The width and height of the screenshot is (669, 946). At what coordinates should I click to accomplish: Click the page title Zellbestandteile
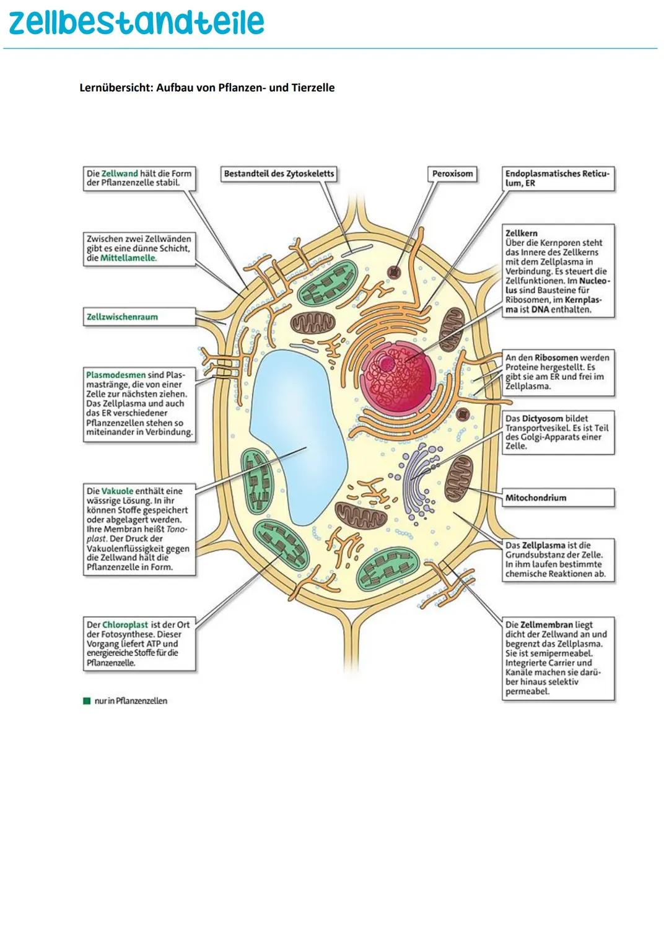coord(136,22)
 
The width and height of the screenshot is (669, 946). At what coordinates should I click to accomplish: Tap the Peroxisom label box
coord(452,174)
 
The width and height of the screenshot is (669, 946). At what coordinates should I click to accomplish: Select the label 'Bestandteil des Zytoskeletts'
coord(279,174)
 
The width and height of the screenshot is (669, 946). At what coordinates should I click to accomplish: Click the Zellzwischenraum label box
coord(139,317)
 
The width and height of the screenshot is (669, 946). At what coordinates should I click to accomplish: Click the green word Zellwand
coord(120,174)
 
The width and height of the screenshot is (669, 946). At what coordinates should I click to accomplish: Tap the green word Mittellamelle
coord(128,258)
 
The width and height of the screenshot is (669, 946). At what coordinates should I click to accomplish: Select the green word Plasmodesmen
coord(116,375)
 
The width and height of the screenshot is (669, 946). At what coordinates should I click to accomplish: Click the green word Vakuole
coord(117,491)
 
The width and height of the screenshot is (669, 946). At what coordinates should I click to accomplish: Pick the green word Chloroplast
coord(125,625)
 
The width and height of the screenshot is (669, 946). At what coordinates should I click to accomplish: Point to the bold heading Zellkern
coord(522,234)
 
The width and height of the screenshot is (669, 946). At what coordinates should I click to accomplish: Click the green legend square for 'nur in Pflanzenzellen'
coord(87,701)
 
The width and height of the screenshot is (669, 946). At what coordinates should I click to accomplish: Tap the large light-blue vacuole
coord(297,427)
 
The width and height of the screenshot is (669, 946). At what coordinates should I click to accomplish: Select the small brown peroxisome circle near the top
coord(393,271)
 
